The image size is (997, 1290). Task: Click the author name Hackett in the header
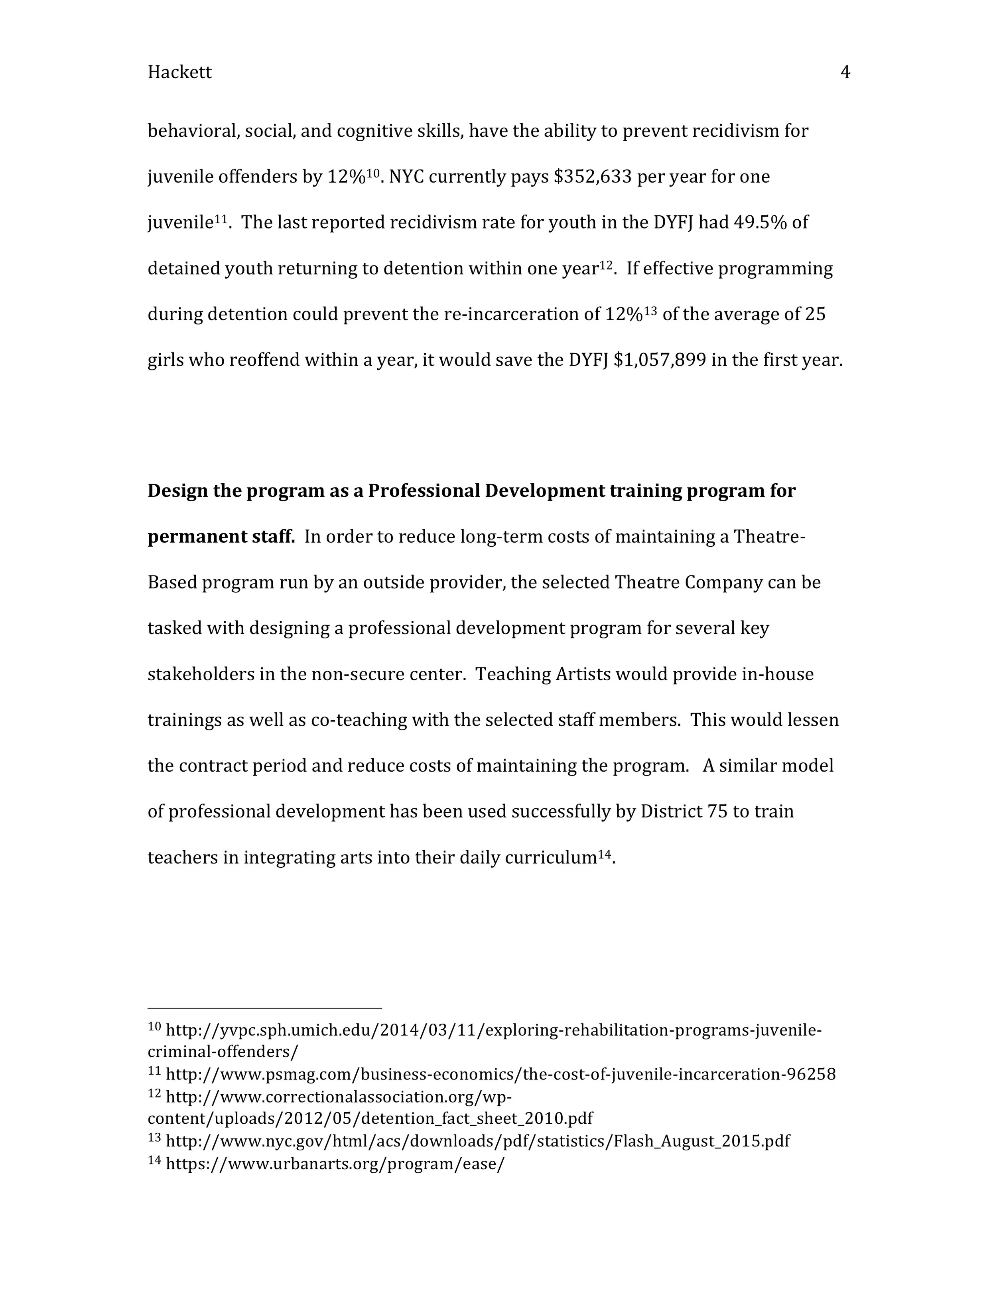tap(179, 72)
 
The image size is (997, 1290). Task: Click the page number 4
tap(845, 72)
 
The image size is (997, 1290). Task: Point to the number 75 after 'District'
tap(717, 811)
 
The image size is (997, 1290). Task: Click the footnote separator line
tap(265, 1008)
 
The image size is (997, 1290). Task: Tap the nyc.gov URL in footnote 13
tap(477, 1141)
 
